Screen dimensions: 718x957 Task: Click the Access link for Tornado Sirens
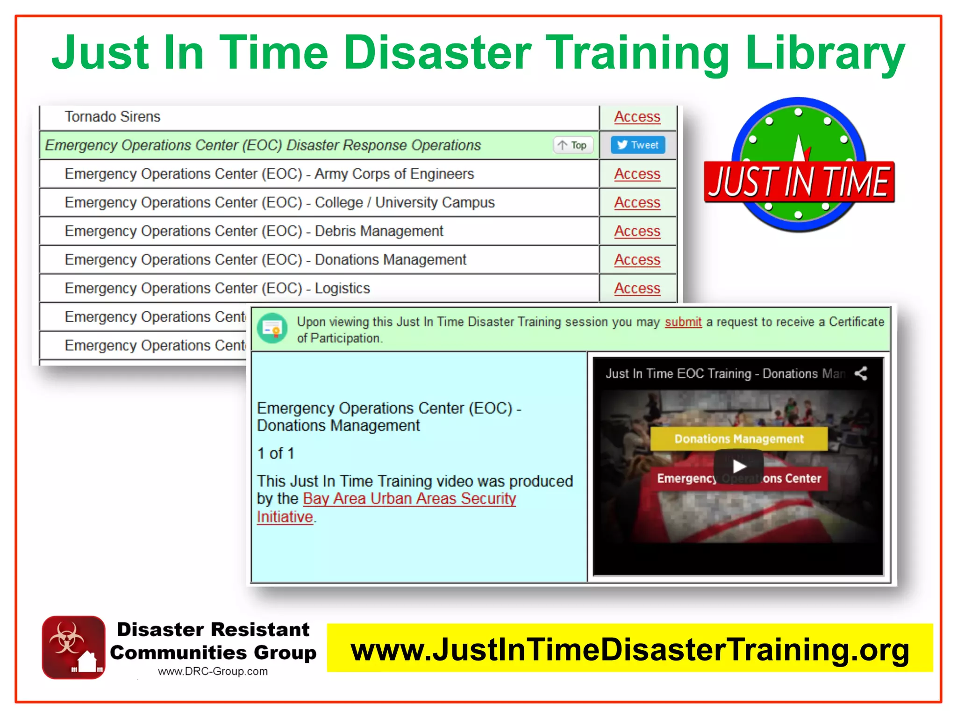pos(637,117)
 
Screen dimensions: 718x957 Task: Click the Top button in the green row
pos(573,145)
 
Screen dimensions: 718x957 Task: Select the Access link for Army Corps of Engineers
pos(637,174)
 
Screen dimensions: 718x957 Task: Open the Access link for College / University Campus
pos(637,202)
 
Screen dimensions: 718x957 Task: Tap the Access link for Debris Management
pos(637,231)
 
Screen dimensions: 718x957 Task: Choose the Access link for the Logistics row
pos(637,288)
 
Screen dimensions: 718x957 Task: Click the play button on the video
pos(738,466)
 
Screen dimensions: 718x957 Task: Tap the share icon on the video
pos(860,373)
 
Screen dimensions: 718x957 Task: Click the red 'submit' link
pos(683,322)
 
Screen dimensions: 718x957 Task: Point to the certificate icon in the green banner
pos(272,329)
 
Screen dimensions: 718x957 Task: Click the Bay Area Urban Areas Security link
pos(409,499)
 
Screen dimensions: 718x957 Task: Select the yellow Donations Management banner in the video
pos(738,438)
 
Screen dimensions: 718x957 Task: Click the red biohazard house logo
pos(73,647)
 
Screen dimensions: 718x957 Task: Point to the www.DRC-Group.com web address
pos(213,671)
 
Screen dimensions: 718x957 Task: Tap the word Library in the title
pos(825,54)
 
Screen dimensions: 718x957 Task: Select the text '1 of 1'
pos(275,453)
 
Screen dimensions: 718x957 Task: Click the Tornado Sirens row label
pos(112,117)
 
